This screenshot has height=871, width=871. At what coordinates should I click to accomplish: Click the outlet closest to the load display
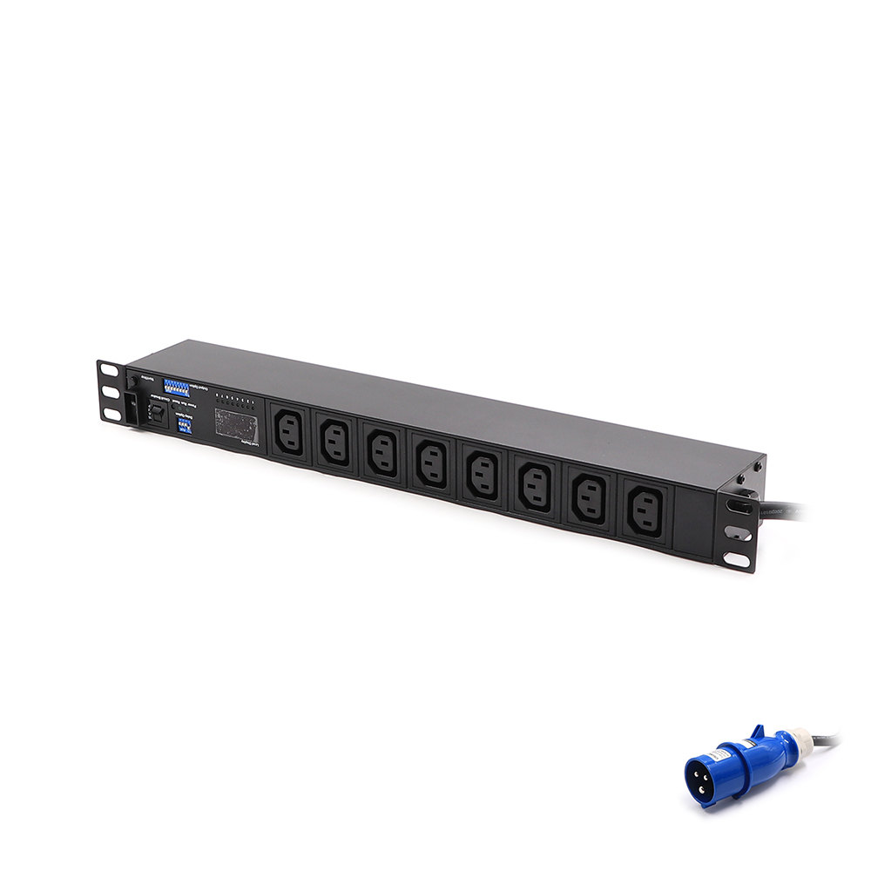tap(290, 433)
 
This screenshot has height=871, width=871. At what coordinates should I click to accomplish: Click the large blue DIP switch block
tap(179, 387)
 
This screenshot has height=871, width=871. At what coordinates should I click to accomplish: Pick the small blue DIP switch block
tap(184, 425)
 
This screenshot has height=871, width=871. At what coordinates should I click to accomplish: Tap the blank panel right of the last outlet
tap(691, 523)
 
